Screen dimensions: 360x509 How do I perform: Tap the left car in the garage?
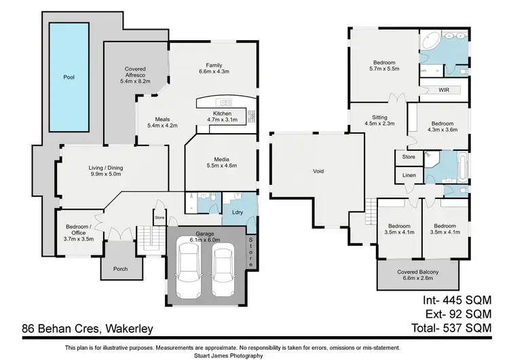point(187,271)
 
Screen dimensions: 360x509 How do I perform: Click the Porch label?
point(120,269)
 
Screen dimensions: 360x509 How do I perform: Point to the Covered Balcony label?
point(417,272)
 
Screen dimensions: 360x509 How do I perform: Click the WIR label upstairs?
point(445,90)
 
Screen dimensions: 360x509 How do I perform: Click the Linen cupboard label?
point(409,175)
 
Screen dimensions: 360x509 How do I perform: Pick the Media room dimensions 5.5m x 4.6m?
point(222,165)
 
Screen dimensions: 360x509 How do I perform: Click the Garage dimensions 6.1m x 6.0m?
point(204,239)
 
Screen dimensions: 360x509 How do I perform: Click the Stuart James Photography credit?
point(254,355)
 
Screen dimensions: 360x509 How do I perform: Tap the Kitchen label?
point(223,113)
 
